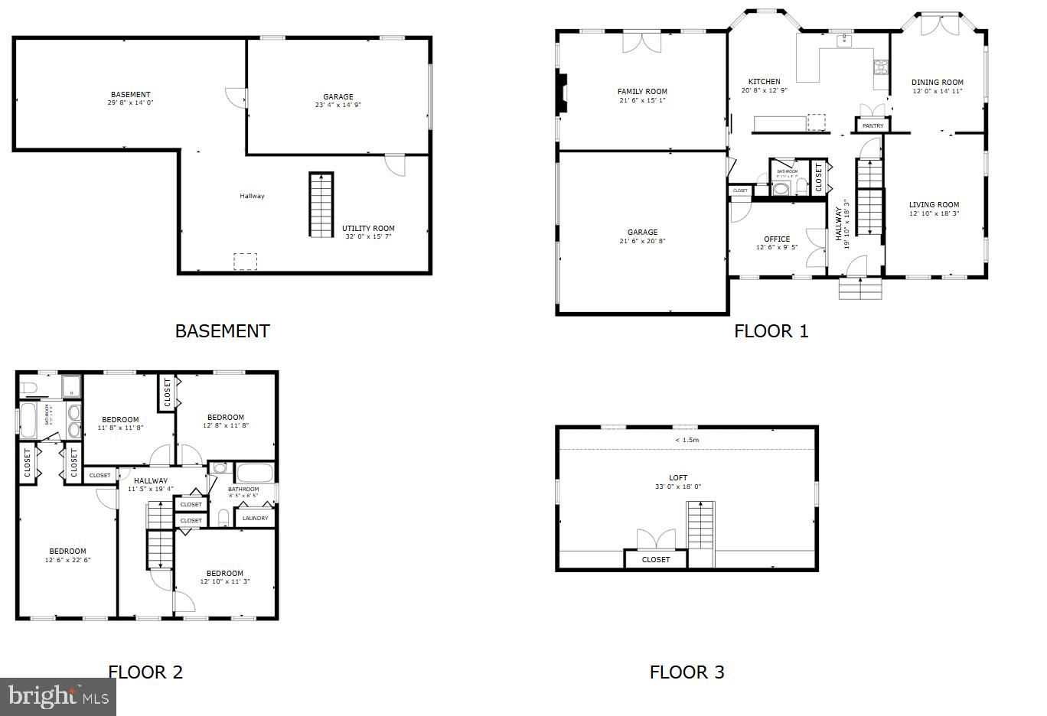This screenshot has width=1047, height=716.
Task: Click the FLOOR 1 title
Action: (x=771, y=331)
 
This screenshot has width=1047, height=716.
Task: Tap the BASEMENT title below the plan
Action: (x=222, y=331)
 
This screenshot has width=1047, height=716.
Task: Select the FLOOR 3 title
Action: (x=687, y=672)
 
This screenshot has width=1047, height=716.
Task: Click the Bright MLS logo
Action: (x=58, y=696)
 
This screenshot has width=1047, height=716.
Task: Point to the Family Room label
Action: (x=642, y=92)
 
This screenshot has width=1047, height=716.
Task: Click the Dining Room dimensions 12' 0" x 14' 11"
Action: (x=937, y=91)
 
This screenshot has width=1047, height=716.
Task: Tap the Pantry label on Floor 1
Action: (x=872, y=125)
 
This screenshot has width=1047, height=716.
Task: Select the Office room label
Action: (x=777, y=239)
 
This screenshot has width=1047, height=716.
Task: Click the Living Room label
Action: (x=934, y=204)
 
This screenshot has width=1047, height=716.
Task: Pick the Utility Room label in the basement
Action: (x=368, y=228)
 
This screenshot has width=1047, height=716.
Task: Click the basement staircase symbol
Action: (x=321, y=204)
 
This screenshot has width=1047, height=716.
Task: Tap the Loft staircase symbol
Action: (x=700, y=525)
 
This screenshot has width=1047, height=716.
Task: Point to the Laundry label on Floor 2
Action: (x=255, y=518)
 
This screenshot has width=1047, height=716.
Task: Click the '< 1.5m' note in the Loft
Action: (x=687, y=440)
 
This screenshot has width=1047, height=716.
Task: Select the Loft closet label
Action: (x=656, y=559)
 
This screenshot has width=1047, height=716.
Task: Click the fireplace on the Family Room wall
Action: (x=563, y=93)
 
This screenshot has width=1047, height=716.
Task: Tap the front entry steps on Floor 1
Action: (x=860, y=288)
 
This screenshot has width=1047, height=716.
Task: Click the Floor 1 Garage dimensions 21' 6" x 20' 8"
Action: (x=642, y=241)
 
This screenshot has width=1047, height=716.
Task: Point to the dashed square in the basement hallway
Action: (x=245, y=262)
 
